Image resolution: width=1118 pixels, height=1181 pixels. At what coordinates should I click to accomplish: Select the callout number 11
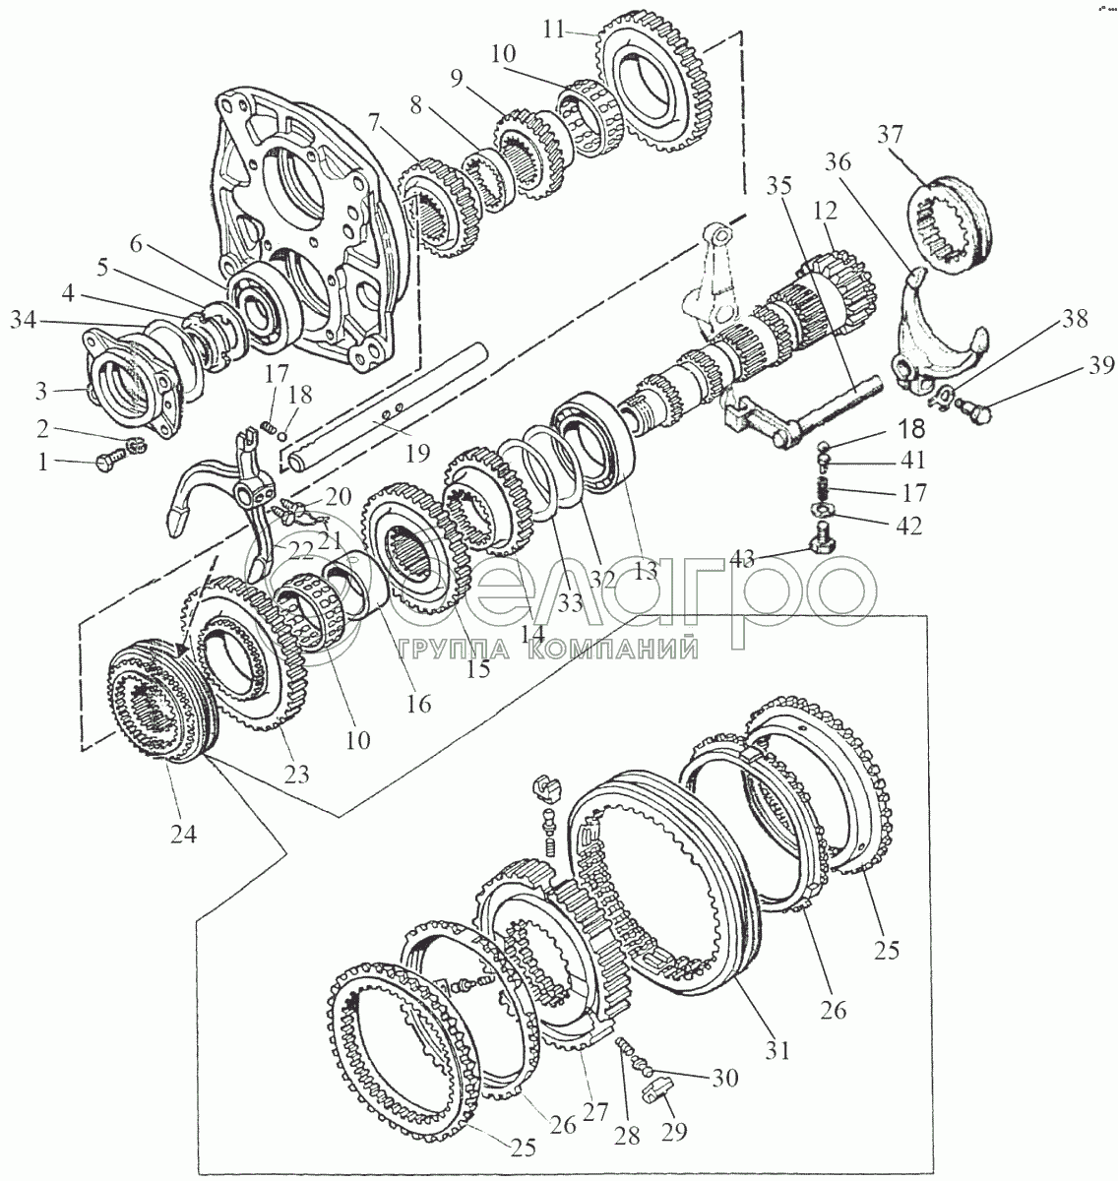[x=554, y=31]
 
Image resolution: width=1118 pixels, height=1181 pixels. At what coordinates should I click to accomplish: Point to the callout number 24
[x=183, y=835]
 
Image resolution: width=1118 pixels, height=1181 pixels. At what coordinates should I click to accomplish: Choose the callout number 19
[x=417, y=453]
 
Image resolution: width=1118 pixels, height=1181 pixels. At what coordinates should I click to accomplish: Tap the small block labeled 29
[x=654, y=1095]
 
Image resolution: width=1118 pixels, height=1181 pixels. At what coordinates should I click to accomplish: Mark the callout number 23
[x=296, y=774]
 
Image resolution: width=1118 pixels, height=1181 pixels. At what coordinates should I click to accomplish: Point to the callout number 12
[x=824, y=210]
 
